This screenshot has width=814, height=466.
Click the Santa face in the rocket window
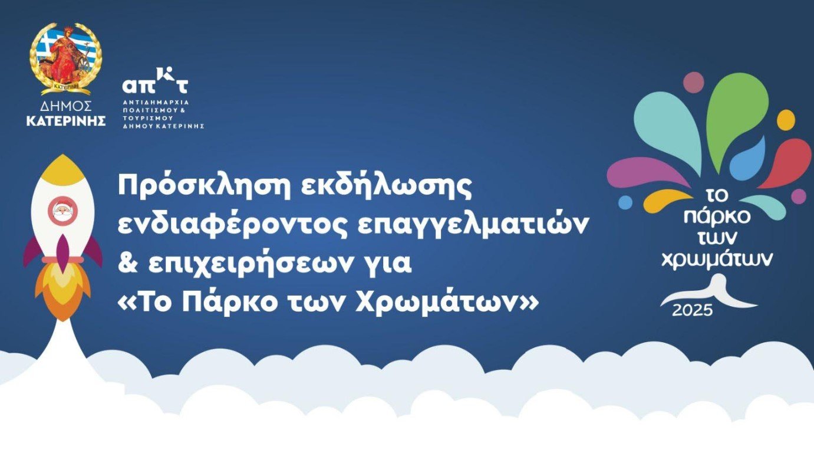tap(62, 211)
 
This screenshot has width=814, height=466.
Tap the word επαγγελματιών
tap(472, 225)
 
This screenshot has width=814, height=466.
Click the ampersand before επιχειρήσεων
tap(128, 264)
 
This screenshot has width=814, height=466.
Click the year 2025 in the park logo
tap(692, 310)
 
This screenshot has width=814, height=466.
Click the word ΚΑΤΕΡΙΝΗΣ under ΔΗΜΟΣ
tap(66, 121)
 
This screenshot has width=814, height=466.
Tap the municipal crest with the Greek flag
tap(66, 58)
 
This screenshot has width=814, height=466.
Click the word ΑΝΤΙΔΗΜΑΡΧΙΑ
tap(156, 103)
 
